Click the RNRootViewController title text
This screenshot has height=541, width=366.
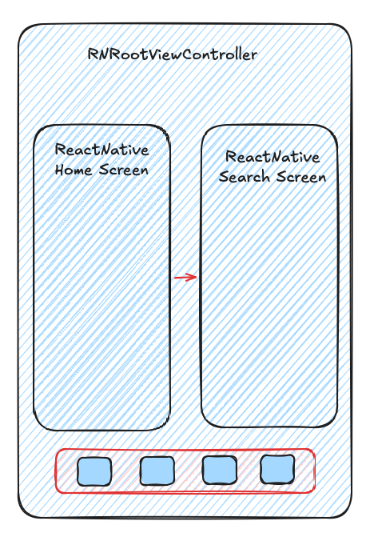(x=173, y=54)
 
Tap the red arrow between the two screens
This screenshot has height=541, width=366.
(x=185, y=277)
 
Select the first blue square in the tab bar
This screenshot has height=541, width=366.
(x=94, y=471)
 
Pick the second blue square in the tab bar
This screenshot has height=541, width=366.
(x=157, y=471)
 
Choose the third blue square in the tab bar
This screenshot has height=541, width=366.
(x=220, y=470)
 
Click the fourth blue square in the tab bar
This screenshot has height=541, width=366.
(x=277, y=469)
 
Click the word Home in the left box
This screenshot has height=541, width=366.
(x=74, y=170)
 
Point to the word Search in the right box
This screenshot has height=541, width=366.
(x=245, y=177)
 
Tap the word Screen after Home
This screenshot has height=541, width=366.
(x=124, y=170)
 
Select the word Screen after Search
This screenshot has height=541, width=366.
(x=301, y=177)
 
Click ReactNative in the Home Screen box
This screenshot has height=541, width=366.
(x=102, y=150)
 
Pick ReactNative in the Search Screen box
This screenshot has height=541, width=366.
(x=273, y=157)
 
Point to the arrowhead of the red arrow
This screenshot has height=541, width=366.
(x=196, y=277)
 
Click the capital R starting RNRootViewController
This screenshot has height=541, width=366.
(x=93, y=54)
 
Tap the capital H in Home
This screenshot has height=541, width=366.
(x=59, y=170)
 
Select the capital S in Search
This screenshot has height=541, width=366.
(x=223, y=177)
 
